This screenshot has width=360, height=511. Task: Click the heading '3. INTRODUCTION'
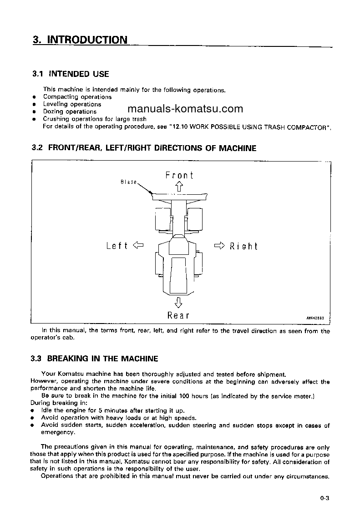(80, 40)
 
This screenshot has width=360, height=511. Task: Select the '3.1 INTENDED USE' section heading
(71, 74)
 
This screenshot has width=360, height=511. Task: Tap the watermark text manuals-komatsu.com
(185, 109)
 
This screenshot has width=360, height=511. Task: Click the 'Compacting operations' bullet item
(77, 97)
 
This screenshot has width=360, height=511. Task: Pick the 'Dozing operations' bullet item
(70, 111)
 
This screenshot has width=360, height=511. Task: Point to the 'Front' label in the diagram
(179, 175)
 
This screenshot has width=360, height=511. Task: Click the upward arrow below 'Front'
(179, 186)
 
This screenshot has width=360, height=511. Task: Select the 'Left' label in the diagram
(117, 246)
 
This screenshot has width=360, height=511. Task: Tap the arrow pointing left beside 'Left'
(138, 246)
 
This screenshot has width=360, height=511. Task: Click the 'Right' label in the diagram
(243, 246)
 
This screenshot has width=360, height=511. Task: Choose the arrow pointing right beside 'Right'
(219, 246)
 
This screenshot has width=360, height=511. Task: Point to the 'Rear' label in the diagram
(178, 315)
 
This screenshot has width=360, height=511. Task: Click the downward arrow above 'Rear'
(178, 302)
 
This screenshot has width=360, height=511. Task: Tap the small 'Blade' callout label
(128, 182)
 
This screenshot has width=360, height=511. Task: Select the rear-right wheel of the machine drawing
(199, 263)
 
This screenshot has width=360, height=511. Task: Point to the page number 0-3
(324, 498)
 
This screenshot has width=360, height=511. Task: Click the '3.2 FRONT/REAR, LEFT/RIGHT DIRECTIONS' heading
(144, 148)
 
